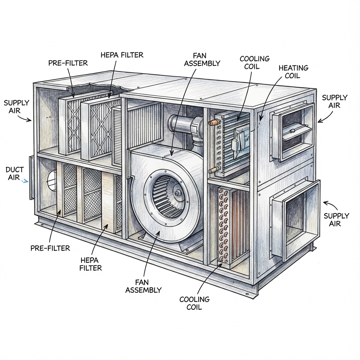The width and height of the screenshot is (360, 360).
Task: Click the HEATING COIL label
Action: coord(293,71)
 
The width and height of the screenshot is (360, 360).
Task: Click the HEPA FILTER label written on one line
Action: coord(122,55)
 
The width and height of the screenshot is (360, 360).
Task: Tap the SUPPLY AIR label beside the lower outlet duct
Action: coord(336,219)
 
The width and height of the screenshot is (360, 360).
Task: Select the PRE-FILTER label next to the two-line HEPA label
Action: coord(50,248)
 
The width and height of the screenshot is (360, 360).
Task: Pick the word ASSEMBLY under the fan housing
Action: coord(143,290)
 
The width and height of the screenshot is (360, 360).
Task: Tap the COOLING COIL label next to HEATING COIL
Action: coord(255,62)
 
